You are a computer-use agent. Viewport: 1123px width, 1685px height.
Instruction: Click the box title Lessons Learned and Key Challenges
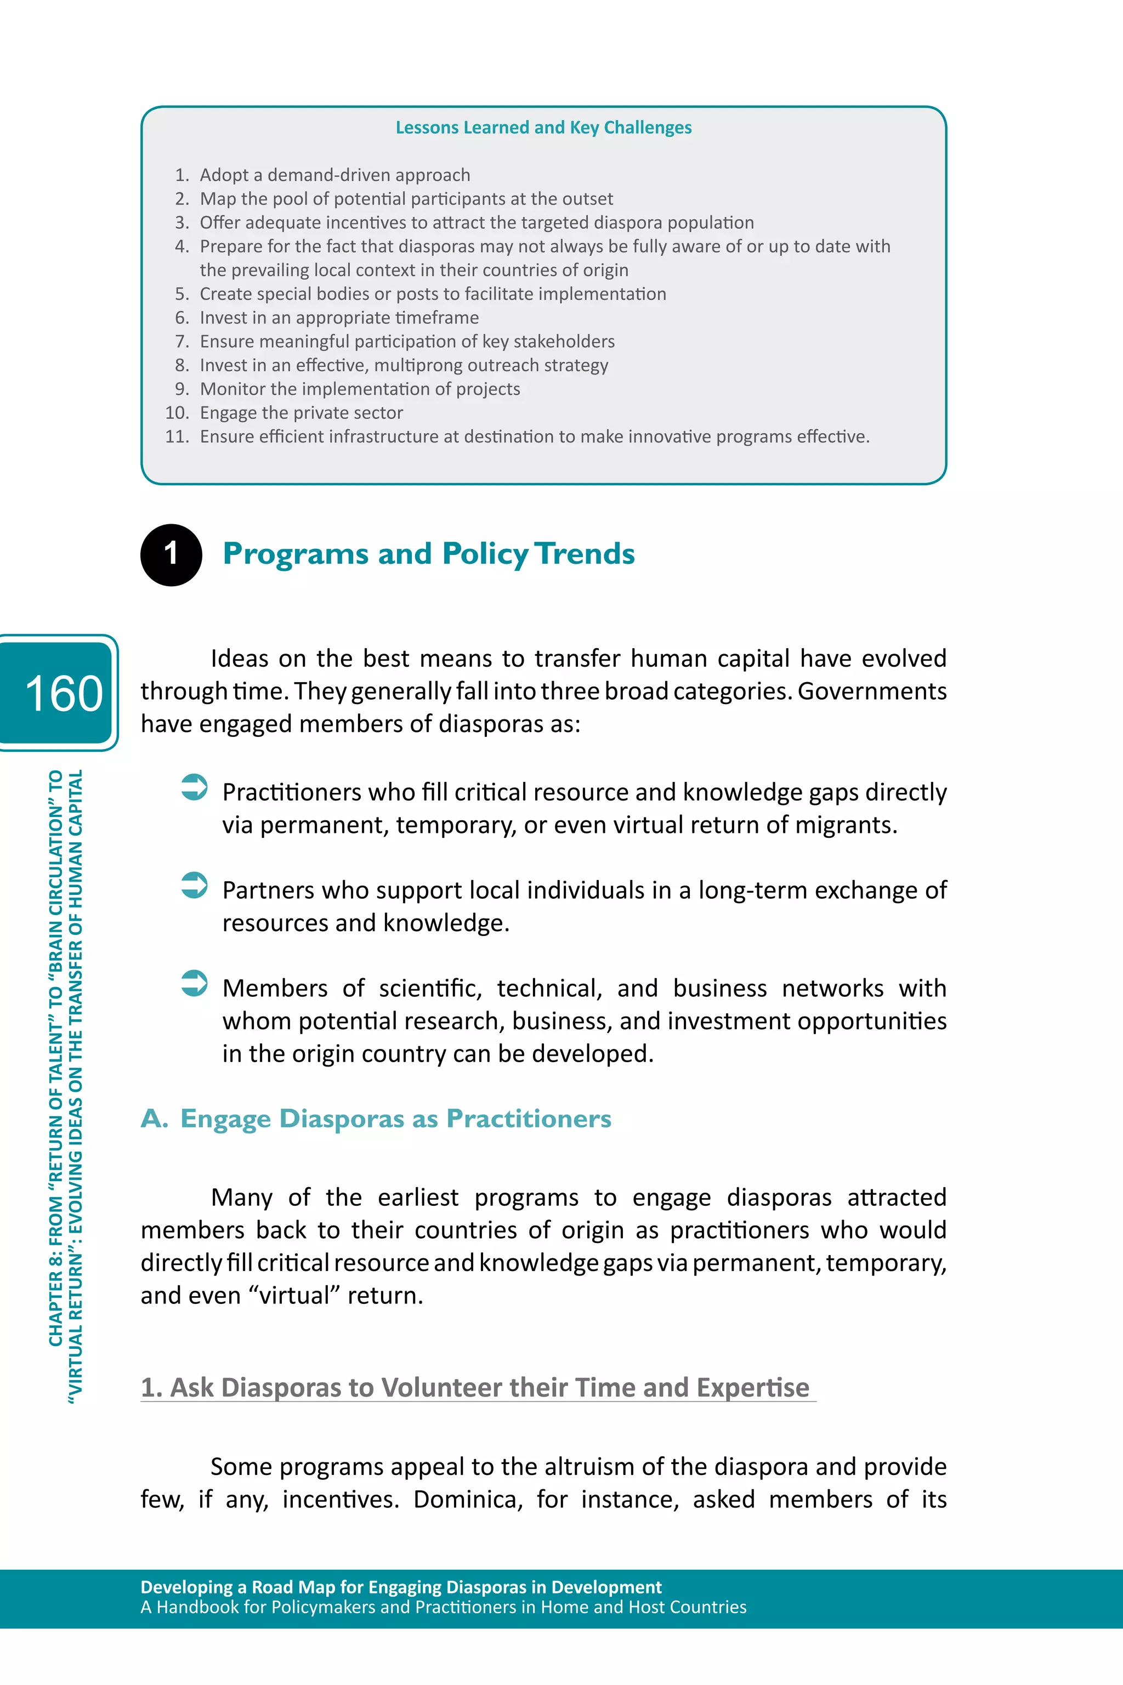[543, 127]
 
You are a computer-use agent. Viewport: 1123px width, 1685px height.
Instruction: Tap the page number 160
[63, 693]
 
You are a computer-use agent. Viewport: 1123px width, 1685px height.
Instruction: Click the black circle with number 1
[171, 554]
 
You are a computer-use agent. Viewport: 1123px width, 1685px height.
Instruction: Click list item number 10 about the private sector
[301, 412]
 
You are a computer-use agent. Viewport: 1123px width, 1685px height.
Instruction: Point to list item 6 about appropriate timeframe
[339, 317]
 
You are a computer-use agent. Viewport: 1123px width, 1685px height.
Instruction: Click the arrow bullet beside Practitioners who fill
[194, 787]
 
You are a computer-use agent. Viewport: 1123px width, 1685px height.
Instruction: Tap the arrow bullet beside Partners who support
[194, 885]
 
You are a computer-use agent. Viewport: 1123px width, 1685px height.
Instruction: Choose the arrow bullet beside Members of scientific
[194, 983]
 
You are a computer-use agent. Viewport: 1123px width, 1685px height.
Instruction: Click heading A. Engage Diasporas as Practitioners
[376, 1119]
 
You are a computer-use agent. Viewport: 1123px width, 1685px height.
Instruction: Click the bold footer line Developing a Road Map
[400, 1587]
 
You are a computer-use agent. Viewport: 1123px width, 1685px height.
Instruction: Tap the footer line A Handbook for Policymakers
[443, 1607]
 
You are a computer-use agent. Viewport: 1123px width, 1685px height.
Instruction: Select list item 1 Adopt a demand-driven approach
[334, 175]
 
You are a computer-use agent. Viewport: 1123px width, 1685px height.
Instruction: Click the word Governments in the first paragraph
[872, 691]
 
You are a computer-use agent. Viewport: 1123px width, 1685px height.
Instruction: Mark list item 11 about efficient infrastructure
[534, 436]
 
